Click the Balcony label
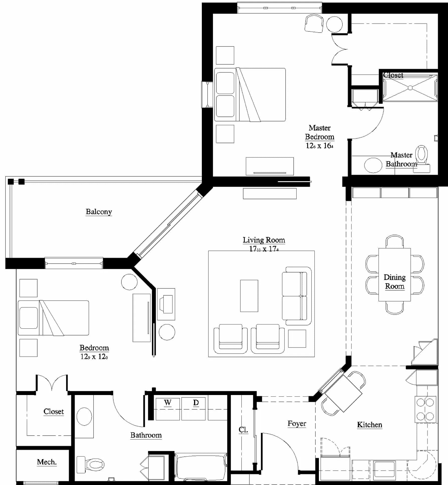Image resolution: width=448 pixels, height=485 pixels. coord(99,212)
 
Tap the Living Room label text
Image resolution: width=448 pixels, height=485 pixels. coord(264,240)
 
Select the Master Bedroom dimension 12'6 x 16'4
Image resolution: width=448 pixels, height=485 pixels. coord(319,146)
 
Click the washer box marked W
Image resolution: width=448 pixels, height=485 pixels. coord(168,409)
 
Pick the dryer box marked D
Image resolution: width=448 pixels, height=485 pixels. coord(193,409)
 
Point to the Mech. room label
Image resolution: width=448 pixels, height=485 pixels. coord(47,462)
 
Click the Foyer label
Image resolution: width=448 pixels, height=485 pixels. coord(297,424)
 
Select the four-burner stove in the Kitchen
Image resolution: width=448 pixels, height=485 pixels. coord(425,410)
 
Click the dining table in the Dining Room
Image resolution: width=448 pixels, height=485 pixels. coord(395,274)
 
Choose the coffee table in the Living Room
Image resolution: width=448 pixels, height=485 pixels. coord(249,296)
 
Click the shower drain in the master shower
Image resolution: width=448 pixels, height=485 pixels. coord(410,88)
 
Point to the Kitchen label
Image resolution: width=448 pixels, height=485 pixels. coord(370,425)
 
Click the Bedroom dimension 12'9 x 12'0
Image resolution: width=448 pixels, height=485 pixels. coord(94,356)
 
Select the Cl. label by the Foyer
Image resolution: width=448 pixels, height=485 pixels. coord(243,430)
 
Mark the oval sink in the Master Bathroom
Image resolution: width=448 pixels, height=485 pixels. coord(373,165)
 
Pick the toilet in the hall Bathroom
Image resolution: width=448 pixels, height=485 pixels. coord(90,464)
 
